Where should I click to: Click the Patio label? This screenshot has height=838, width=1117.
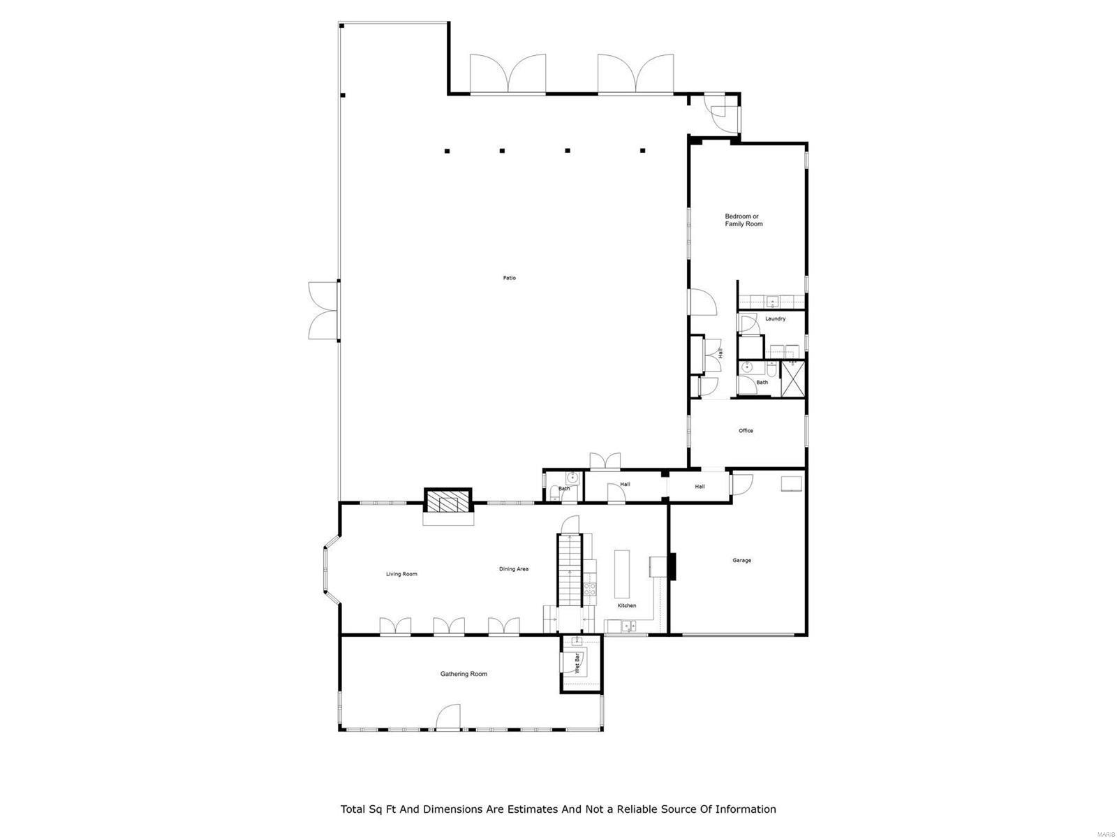click(510, 278)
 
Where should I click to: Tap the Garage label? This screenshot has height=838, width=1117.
click(741, 560)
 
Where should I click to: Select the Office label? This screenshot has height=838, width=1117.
click(746, 431)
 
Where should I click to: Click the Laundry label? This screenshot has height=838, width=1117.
click(775, 318)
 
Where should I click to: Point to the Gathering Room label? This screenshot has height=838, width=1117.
click(464, 674)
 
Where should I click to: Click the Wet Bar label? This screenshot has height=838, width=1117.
click(577, 663)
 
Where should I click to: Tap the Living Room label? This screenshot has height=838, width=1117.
click(401, 574)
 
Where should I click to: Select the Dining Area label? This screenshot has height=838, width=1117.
click(513, 569)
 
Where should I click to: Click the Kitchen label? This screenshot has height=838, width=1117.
click(626, 605)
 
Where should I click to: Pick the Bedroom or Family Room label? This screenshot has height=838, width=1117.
click(743, 220)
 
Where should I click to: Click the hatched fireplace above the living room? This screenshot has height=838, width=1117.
click(448, 502)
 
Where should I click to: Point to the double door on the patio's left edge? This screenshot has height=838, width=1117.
click(325, 310)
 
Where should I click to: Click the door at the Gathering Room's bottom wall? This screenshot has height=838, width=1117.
click(448, 717)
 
